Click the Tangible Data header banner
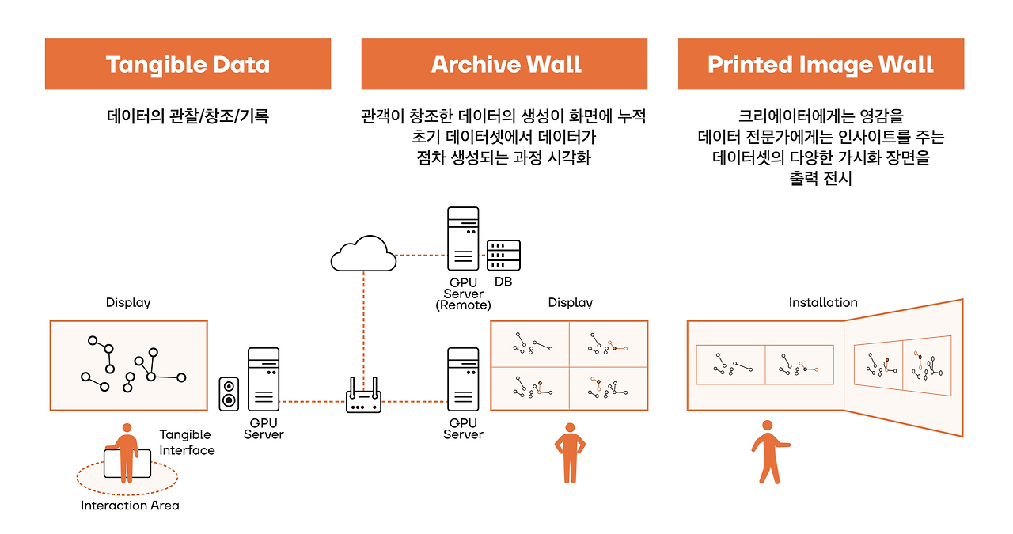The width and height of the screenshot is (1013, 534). coord(188,64)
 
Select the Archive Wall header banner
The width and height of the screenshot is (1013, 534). coord(504,64)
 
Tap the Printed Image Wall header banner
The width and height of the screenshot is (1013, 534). coord(821,64)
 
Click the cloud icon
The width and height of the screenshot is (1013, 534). coord(363,253)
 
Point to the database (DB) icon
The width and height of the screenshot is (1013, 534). coord(503,255)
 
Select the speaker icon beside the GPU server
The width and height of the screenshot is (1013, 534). coord(229,394)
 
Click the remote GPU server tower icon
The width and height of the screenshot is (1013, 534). coord(463,238)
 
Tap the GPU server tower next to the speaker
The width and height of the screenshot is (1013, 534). coord(264,379)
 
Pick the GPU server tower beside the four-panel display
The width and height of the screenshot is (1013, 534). coord(463,379)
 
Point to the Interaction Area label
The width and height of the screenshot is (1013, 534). coord(130,506)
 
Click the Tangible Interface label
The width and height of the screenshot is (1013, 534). coord(187,442)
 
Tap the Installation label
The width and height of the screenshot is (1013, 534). coord(823,302)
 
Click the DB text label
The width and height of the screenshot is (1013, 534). coord(503,282)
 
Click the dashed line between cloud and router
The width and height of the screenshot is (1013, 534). coord(363,324)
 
